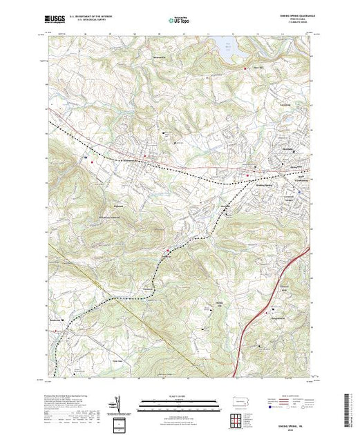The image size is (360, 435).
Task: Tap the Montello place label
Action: [224, 211]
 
